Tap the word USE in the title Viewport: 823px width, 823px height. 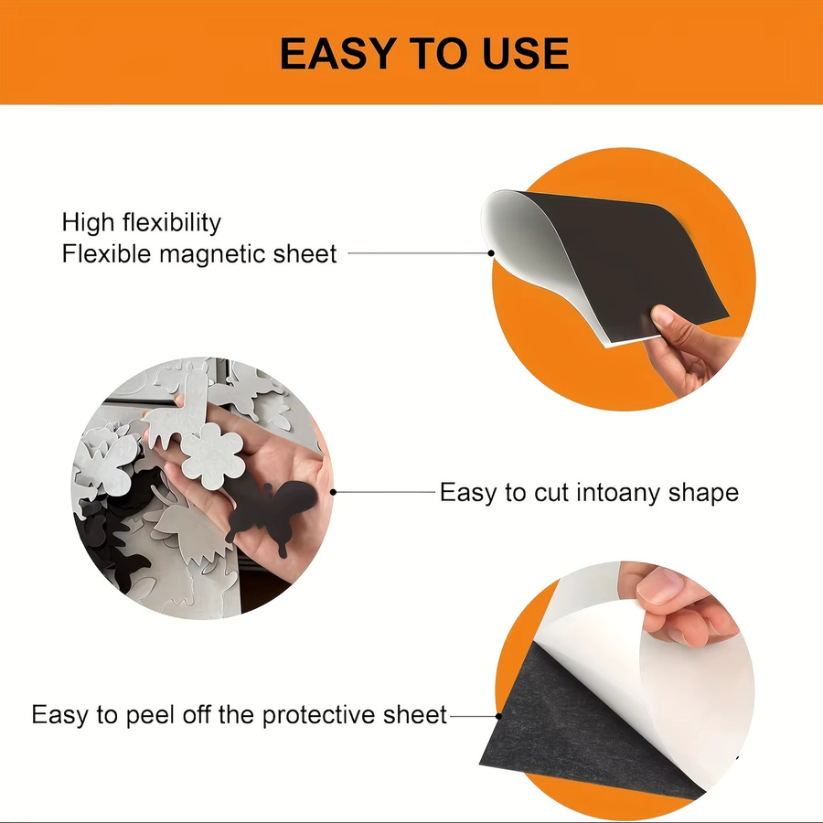point(526,54)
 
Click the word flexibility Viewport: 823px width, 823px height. point(172,222)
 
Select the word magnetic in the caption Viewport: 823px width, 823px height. point(211,254)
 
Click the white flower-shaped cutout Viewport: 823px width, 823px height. point(213,455)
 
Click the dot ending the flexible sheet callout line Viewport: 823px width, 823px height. point(491,253)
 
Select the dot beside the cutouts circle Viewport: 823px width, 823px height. point(333,492)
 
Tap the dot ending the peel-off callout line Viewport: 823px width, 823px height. point(498,716)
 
